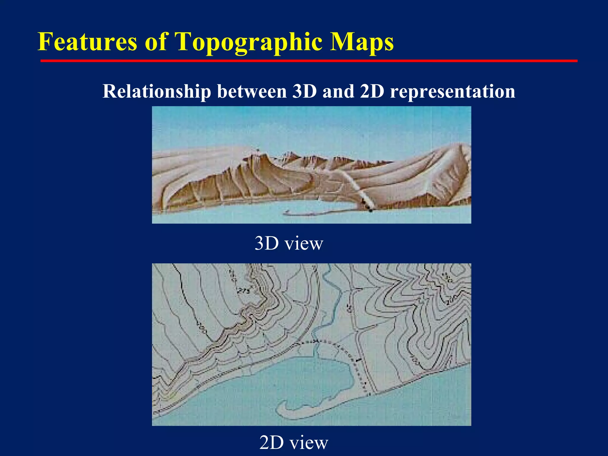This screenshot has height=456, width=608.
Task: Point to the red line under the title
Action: click(309, 61)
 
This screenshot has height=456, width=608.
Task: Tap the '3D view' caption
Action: click(289, 243)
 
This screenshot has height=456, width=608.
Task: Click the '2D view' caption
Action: click(294, 442)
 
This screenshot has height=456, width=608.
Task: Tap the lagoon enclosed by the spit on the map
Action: click(315, 383)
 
